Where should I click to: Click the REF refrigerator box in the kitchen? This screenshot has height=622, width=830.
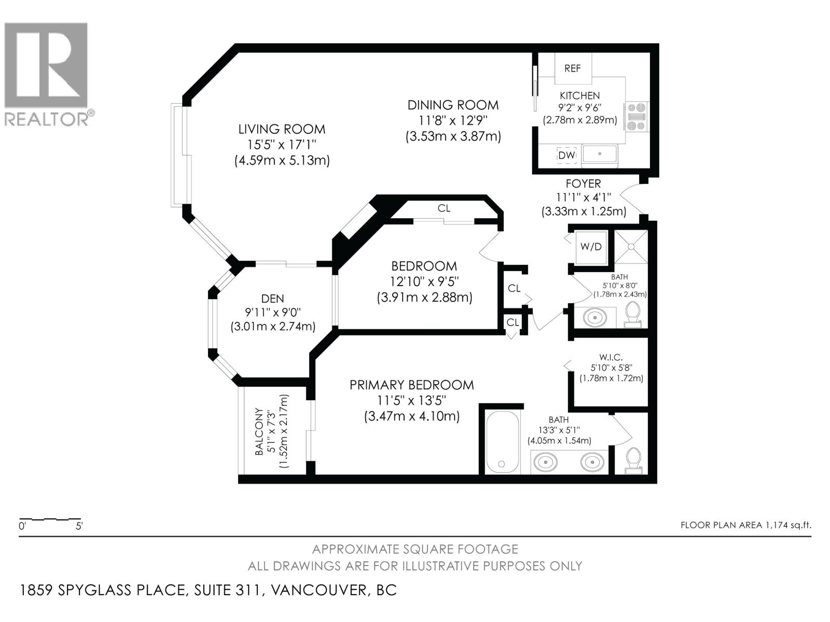573,68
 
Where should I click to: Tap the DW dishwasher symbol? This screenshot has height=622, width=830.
566,155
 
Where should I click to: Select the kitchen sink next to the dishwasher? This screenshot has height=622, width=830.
600,154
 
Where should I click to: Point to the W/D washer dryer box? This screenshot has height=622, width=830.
591,247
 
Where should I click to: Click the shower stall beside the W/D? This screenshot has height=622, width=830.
631,247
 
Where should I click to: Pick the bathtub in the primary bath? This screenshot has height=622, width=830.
502,443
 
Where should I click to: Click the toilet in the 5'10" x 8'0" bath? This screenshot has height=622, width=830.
632,314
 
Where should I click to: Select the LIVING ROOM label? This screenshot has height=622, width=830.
282,129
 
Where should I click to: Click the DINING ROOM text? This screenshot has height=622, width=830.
453,105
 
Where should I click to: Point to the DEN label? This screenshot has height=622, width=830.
272,299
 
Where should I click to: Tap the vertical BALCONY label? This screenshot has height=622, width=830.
259,432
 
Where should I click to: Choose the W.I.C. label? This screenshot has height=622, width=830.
611,357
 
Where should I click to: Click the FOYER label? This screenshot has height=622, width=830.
583,183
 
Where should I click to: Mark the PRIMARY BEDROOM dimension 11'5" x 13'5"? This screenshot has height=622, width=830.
411,400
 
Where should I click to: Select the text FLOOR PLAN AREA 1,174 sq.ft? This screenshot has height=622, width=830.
745,525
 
